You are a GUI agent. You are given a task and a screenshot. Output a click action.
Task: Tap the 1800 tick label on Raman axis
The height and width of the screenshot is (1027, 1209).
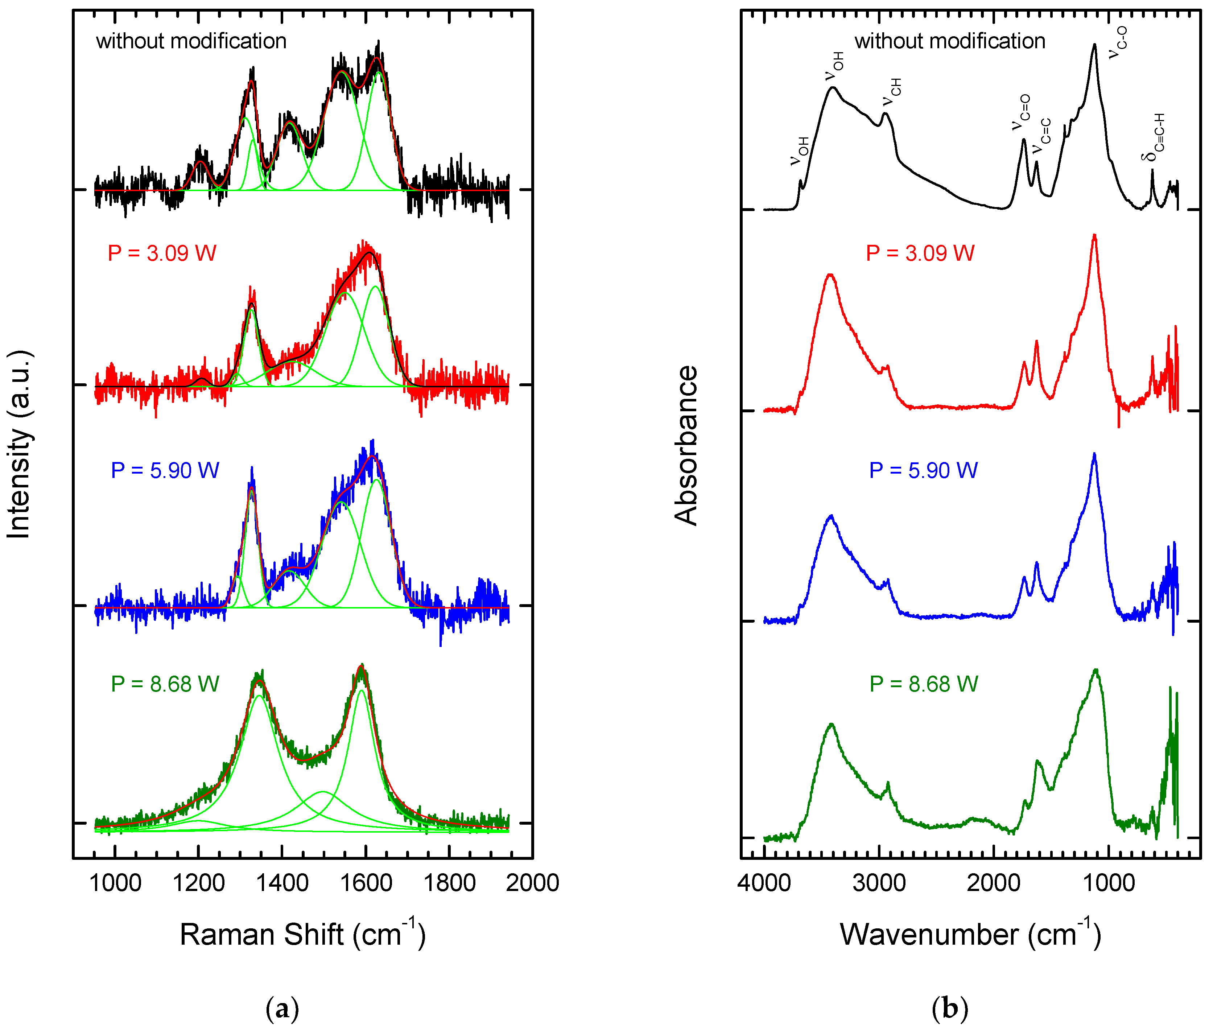[x=449, y=883]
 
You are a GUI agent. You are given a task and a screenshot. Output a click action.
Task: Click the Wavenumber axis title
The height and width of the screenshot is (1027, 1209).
[x=970, y=935]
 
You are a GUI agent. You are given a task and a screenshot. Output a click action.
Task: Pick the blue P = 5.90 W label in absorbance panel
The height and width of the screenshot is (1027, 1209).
[x=923, y=470]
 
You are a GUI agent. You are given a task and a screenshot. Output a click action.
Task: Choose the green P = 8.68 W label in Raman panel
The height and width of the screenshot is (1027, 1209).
[x=165, y=684]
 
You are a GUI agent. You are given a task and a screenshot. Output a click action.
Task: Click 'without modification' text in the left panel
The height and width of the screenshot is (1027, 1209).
[x=191, y=41]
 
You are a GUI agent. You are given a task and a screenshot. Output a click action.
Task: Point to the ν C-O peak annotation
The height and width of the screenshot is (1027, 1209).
[x=1117, y=42]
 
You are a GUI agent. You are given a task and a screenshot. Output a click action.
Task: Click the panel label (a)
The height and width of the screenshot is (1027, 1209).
[x=282, y=1009]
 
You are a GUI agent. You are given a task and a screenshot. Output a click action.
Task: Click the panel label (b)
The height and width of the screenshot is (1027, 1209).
[x=949, y=1009]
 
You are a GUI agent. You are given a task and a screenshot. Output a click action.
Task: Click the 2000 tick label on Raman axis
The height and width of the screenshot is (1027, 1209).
[x=532, y=883]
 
